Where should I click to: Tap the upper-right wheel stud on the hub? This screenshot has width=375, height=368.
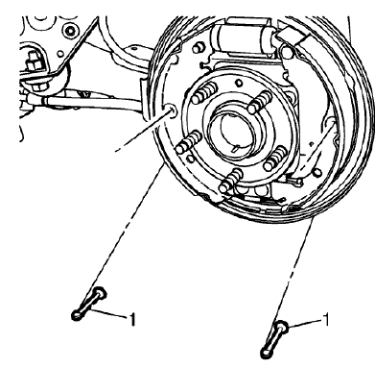pos(259,101)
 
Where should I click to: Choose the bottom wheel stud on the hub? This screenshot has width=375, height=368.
pos(231,178)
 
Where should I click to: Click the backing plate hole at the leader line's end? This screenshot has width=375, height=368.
pos(168,111)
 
